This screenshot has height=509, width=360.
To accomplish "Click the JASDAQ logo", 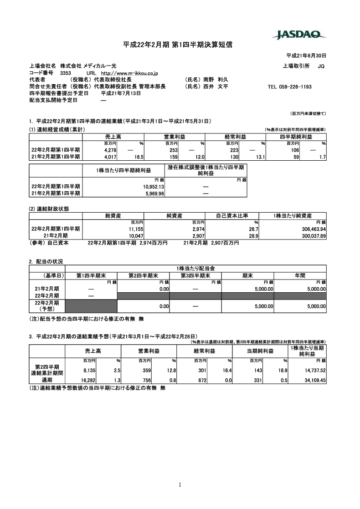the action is [299, 35].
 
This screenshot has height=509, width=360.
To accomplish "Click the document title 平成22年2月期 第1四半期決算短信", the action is [178, 45].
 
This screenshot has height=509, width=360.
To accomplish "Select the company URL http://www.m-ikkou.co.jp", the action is [129, 72].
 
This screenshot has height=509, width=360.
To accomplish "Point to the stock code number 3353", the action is [65, 72].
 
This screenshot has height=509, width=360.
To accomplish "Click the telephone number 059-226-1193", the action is [289, 87].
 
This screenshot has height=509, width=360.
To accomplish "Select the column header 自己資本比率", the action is [231, 215].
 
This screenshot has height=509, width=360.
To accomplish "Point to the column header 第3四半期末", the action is [195, 275].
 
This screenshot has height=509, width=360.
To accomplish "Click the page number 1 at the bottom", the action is [180, 484].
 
